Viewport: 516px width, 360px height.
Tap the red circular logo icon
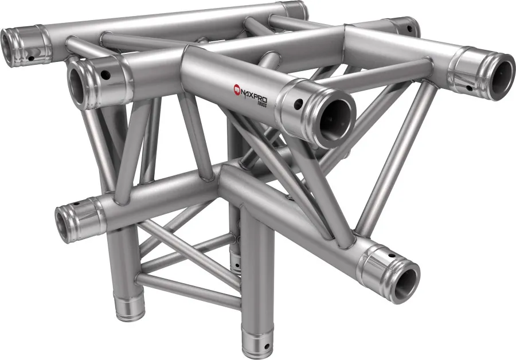[236, 88]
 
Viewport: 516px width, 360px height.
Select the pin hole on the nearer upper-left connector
[105, 74]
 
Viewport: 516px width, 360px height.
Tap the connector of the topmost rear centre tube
[296, 10]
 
